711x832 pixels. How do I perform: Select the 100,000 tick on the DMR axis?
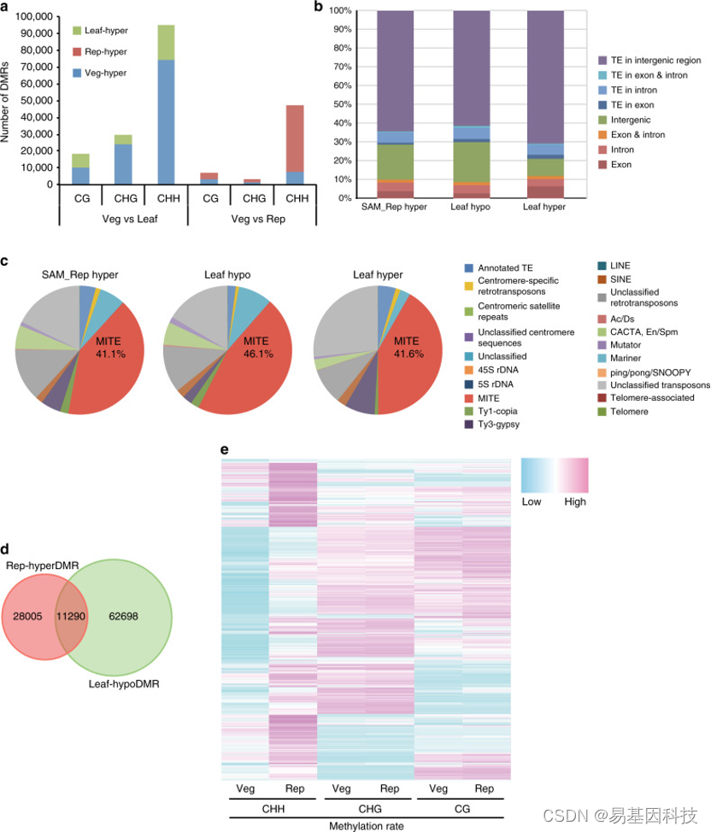point(27,17)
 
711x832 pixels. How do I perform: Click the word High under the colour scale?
point(575,502)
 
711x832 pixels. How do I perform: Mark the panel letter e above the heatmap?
point(226,449)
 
